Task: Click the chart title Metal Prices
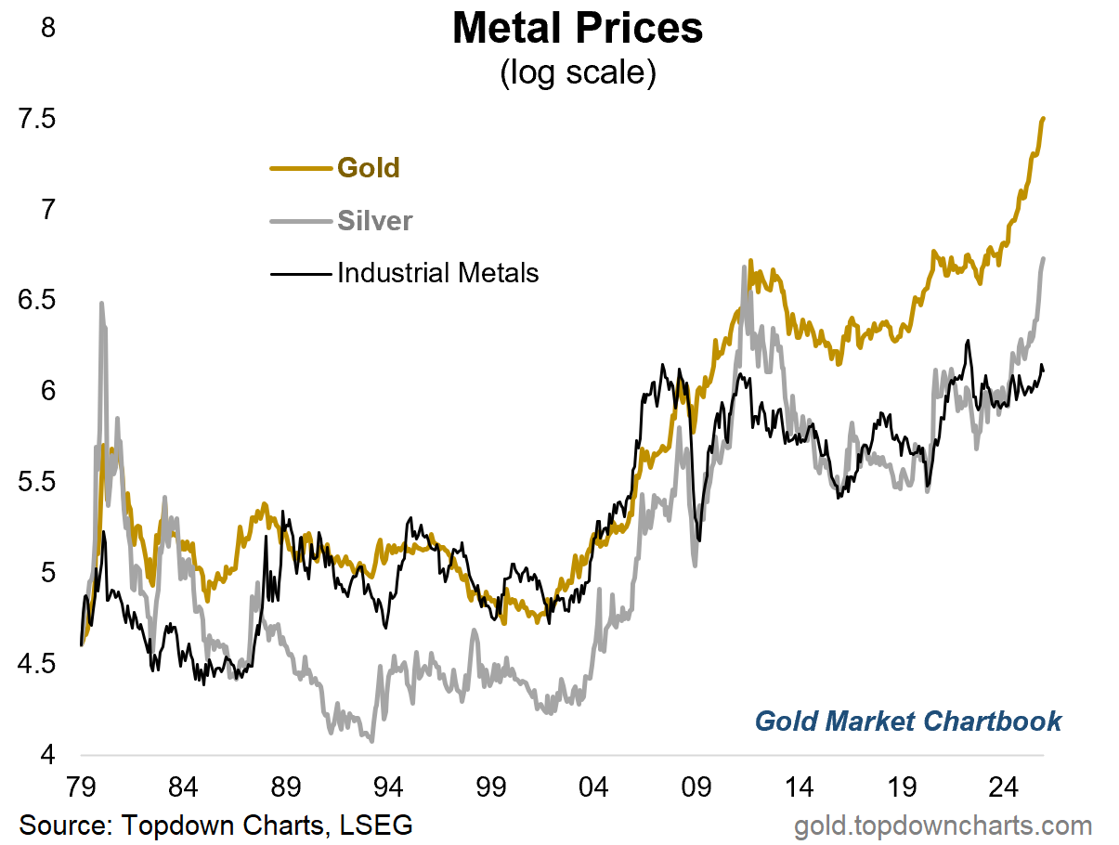(x=577, y=30)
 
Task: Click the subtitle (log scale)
(x=577, y=72)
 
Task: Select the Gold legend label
(x=369, y=168)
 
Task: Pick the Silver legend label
(x=375, y=221)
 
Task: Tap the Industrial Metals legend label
(x=437, y=273)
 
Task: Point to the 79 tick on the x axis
(x=82, y=789)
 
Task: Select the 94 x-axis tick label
(x=388, y=789)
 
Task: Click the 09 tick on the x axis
(x=696, y=789)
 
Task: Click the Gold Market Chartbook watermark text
(x=907, y=721)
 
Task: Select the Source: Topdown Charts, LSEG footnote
(x=215, y=825)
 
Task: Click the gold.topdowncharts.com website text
(x=943, y=825)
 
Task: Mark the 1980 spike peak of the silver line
(x=100, y=303)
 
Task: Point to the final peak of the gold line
(x=1044, y=118)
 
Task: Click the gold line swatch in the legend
(x=300, y=169)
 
